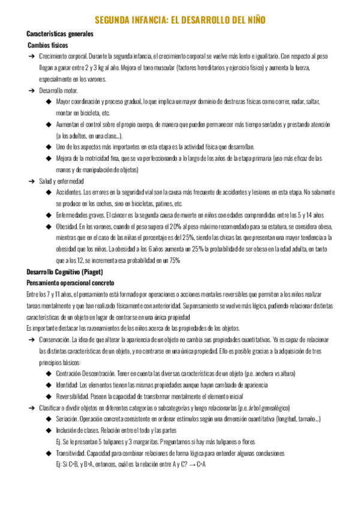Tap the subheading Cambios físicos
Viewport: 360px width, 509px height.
(48, 45)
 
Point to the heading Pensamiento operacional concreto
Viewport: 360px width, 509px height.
(71, 283)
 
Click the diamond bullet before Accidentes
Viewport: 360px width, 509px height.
(49, 192)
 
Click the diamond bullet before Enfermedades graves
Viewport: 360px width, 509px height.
(49, 215)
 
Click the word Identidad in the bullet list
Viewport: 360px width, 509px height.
(67, 385)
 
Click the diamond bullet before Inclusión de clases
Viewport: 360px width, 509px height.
(49, 430)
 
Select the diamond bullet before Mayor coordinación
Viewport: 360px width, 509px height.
(49, 101)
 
